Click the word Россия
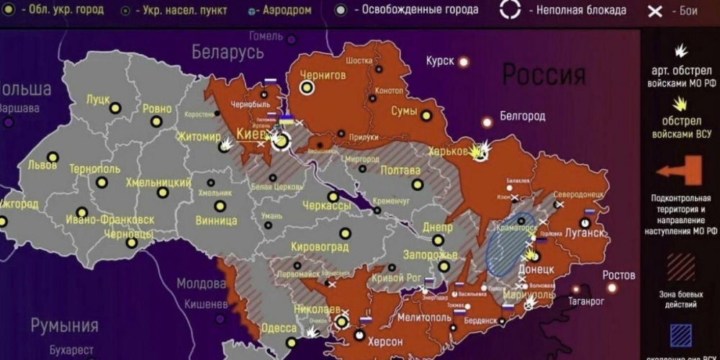[x=544, y=74]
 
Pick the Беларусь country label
[x=228, y=52]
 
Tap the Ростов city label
[x=619, y=275]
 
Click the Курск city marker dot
[x=464, y=62]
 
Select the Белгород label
[x=522, y=115]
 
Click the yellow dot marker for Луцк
[x=114, y=109]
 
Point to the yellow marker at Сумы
[x=426, y=115]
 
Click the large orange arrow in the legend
[x=680, y=171]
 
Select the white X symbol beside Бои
[x=654, y=11]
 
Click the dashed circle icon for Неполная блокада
[x=510, y=9]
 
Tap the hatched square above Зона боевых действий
[x=680, y=266]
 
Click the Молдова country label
[x=202, y=283]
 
